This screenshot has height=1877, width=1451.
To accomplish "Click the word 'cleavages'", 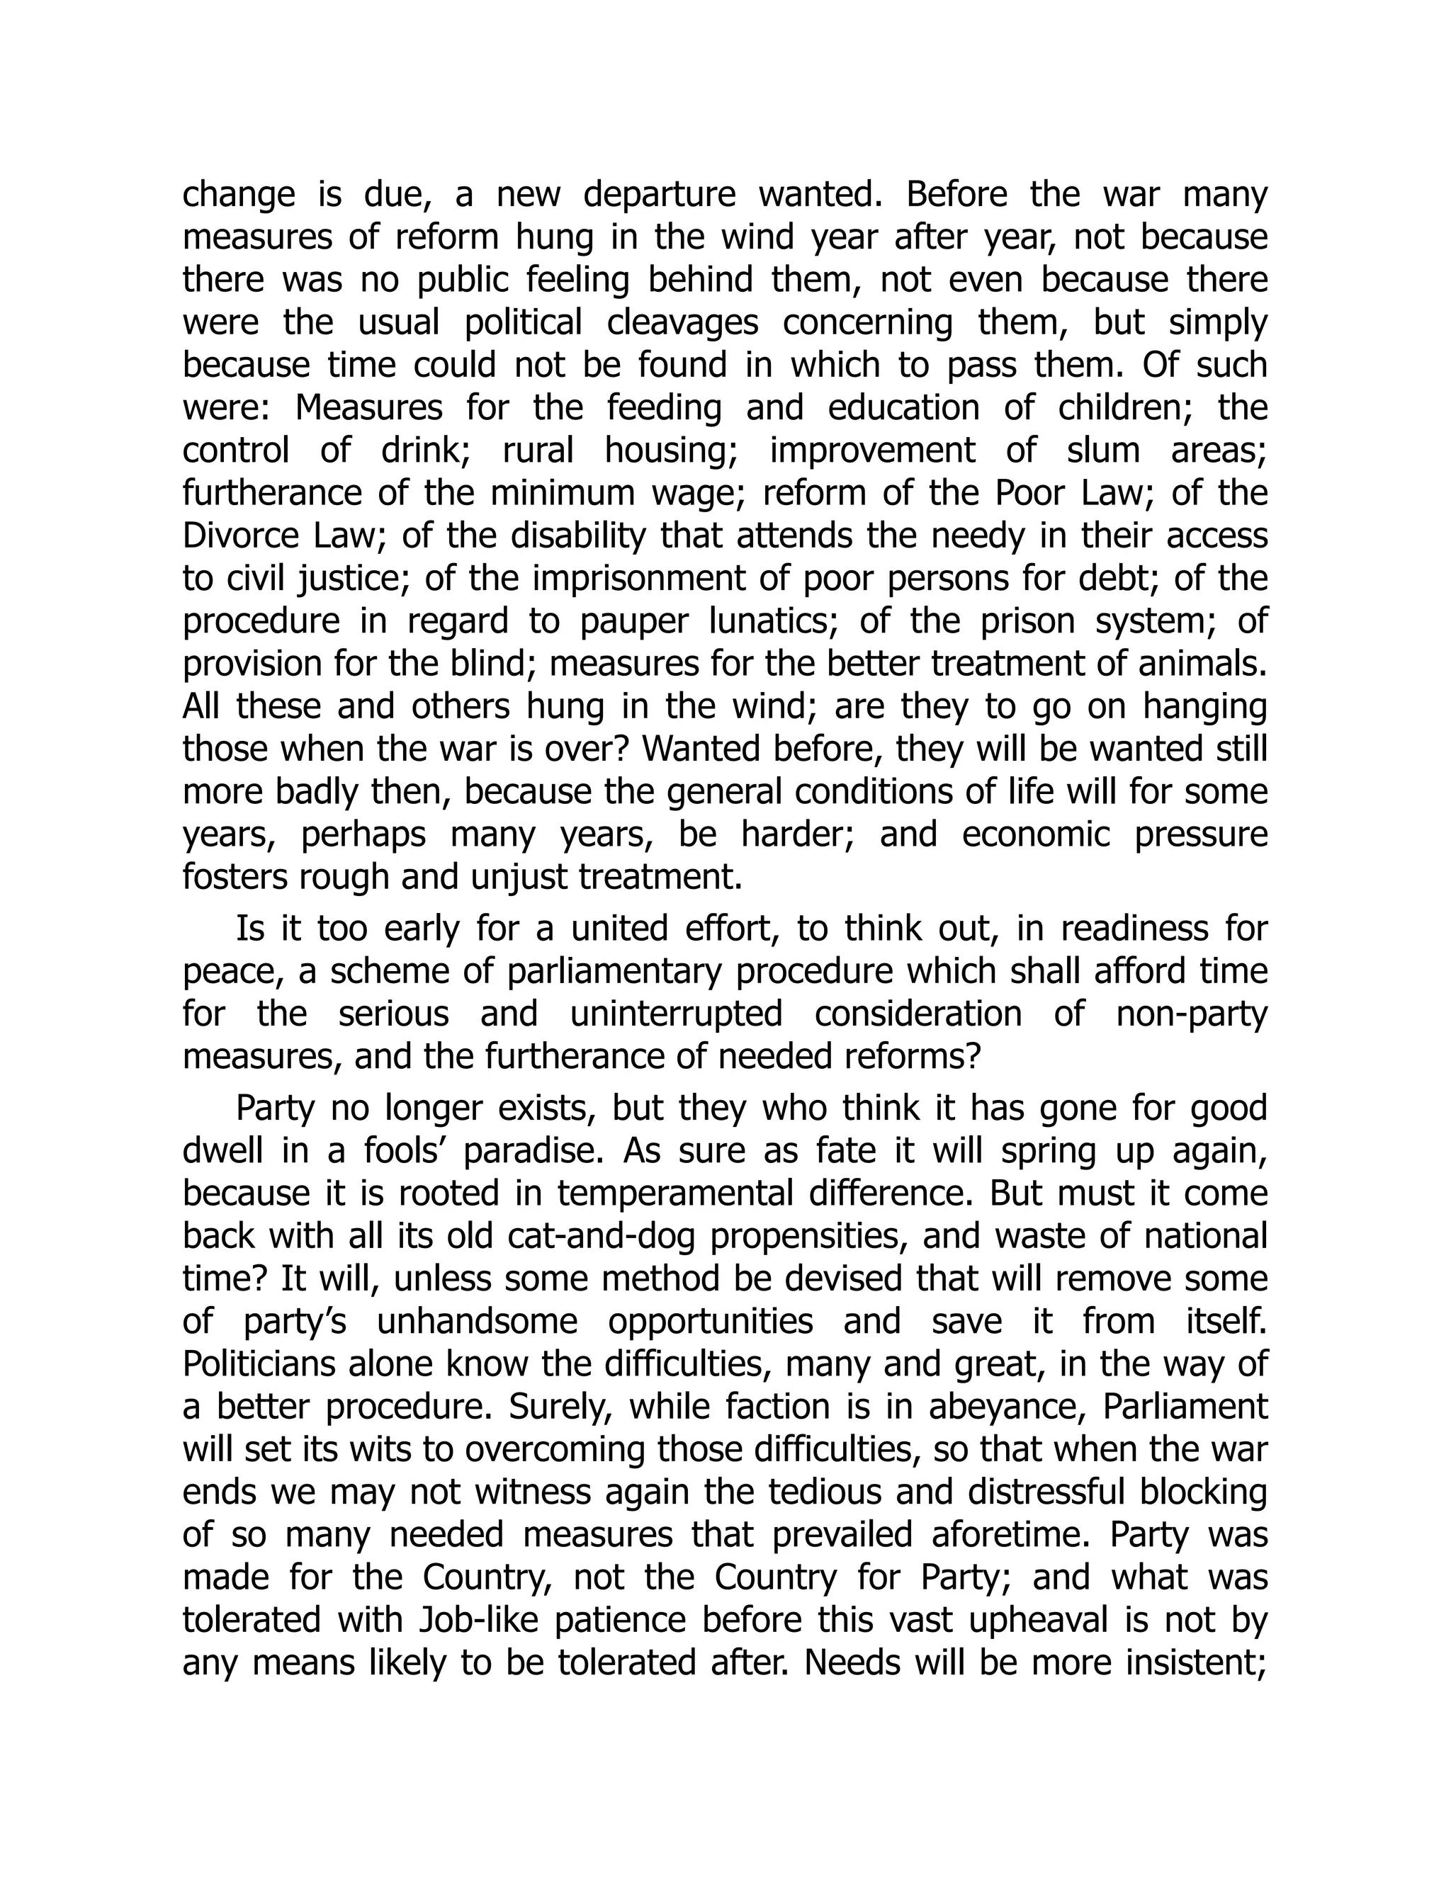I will click(682, 323).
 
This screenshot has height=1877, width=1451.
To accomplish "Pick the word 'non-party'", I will click(1192, 1015).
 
